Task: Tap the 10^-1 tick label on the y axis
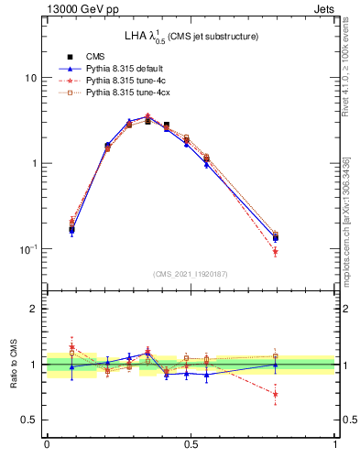pyautogui.click(x=28, y=249)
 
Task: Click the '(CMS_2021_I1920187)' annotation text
pyautogui.click(x=191, y=274)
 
